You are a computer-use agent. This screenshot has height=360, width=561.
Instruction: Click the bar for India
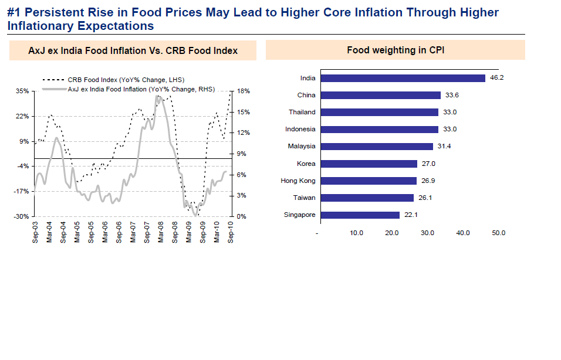pos(403,78)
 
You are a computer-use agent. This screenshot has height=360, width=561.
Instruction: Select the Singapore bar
pos(360,215)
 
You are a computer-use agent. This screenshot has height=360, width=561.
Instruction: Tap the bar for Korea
pos(369,164)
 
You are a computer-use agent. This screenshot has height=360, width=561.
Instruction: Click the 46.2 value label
pos(497,78)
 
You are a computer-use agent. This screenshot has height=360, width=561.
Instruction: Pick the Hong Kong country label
pos(298,181)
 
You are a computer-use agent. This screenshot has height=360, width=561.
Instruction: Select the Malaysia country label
pos(301,147)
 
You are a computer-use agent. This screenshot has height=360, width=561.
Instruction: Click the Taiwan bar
pos(367,198)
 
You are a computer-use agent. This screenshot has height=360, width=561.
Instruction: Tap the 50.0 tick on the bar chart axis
pos(498,233)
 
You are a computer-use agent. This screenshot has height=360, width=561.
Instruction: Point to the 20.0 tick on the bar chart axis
pos(391,233)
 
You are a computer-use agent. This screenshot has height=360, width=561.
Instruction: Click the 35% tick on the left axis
pos(23,91)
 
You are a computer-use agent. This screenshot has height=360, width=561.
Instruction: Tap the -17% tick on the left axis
pos(22,191)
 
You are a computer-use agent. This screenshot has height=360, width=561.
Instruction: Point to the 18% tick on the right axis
pos(243,91)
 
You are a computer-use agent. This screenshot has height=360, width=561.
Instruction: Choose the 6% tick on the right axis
pos(242,175)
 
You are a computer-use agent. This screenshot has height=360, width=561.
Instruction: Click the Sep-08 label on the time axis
pos(175,231)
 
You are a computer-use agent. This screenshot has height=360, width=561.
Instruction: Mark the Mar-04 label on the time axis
pos(49,231)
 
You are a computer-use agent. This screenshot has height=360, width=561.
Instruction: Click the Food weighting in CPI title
pos(396,50)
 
